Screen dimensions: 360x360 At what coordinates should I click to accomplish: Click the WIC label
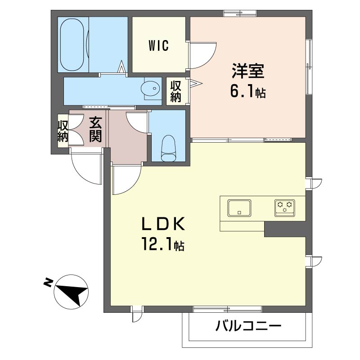click(159, 45)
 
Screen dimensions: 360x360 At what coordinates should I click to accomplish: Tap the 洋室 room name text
click(248, 71)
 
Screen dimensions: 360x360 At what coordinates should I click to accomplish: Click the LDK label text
click(163, 224)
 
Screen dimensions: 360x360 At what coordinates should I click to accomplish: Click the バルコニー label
click(248, 326)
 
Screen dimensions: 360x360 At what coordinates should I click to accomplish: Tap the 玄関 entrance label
click(95, 129)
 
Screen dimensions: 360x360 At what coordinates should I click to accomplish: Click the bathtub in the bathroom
click(72, 45)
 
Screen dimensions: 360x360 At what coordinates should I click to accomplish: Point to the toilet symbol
click(169, 148)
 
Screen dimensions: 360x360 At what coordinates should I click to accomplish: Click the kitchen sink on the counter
click(239, 208)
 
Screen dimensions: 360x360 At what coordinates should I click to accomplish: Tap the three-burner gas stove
click(285, 208)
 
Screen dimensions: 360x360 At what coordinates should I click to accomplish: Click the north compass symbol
click(71, 292)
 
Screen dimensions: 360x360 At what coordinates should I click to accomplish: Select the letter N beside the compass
click(48, 283)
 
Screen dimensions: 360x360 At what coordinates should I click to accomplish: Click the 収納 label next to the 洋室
click(175, 92)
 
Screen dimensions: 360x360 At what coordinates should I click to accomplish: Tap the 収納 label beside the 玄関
click(63, 131)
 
